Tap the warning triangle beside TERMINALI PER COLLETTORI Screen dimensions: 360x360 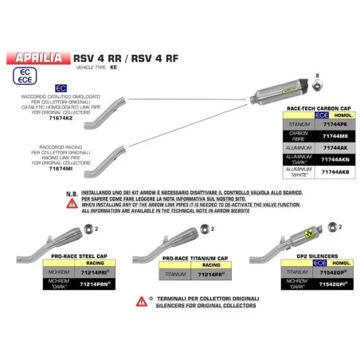click(x=141, y=300)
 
